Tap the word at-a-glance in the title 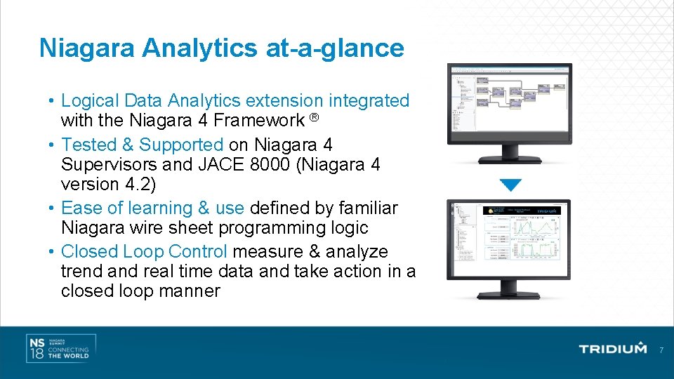pyautogui.click(x=334, y=48)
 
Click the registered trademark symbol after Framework pyautogui.click(x=315, y=117)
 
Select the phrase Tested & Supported pyautogui.click(x=143, y=145)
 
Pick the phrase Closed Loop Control pyautogui.click(x=144, y=251)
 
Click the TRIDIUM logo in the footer pyautogui.click(x=612, y=349)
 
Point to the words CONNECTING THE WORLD pyautogui.click(x=68, y=352)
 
